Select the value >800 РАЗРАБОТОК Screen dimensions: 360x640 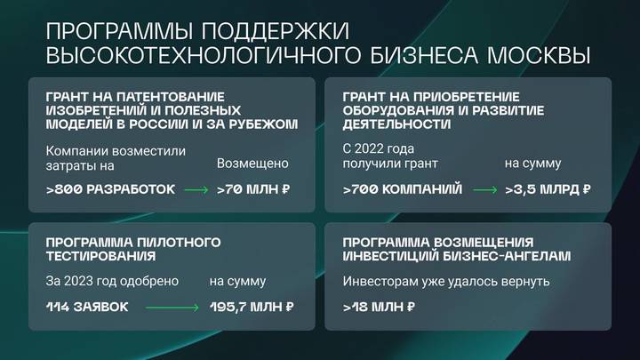[110, 189]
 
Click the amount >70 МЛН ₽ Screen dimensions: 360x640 [254, 189]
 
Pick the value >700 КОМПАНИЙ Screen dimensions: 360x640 [403, 189]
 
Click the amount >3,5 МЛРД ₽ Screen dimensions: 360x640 [547, 189]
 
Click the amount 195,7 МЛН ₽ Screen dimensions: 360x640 [252, 307]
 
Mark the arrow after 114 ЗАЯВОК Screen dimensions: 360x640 [173, 307]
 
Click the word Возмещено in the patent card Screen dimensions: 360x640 [252, 164]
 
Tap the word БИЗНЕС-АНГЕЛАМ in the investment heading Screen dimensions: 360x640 [516, 256]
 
